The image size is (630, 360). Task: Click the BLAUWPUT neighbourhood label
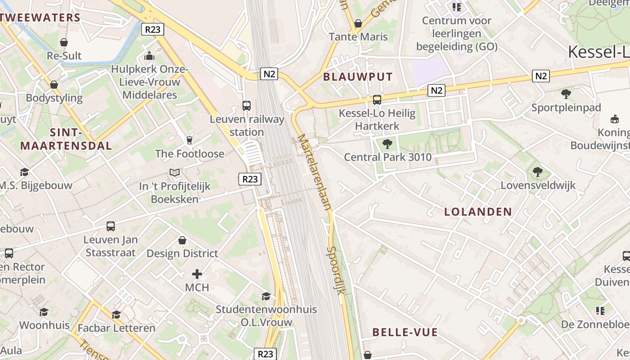[358, 76]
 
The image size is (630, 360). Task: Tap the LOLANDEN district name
[478, 211]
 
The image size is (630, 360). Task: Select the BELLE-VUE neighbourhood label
[405, 333]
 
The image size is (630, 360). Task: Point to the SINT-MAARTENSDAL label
[66, 139]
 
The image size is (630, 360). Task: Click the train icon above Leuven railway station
[247, 106]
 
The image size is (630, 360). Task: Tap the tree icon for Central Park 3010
[387, 144]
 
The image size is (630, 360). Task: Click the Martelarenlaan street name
[315, 172]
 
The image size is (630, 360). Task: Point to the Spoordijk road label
[336, 270]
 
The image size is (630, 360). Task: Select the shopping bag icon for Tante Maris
[358, 23]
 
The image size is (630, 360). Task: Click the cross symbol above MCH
[197, 274]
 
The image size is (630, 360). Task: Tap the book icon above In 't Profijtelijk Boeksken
[175, 172]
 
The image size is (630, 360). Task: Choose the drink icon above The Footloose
[189, 140]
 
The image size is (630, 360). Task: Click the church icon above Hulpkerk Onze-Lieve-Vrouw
[149, 56]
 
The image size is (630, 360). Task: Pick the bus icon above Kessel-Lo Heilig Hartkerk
[377, 100]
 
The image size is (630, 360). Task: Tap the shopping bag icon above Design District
[182, 240]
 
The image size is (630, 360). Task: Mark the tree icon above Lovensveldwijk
[537, 171]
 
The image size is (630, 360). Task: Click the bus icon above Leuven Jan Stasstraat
[111, 226]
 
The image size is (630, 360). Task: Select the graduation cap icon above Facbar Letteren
[117, 315]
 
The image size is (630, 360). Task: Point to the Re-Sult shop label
[64, 56]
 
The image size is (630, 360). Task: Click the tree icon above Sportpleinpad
[566, 94]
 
